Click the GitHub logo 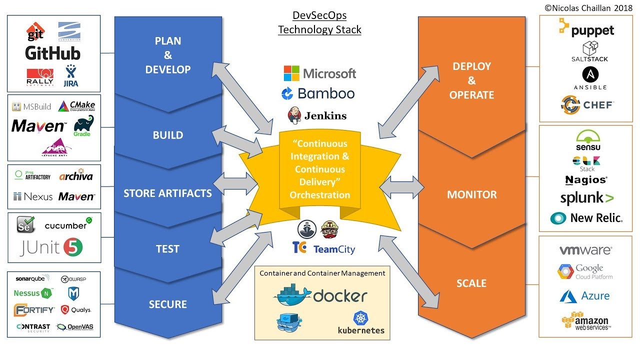click(x=53, y=53)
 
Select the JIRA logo click(x=71, y=76)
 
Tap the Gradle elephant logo click(x=82, y=125)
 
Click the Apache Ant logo click(x=56, y=146)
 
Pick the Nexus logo click(x=33, y=196)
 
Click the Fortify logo click(x=34, y=310)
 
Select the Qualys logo click(x=76, y=310)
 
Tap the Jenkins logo click(x=317, y=115)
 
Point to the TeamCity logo click(x=324, y=248)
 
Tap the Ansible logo click(x=590, y=77)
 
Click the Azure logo click(x=584, y=296)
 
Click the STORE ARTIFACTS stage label click(x=167, y=193)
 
